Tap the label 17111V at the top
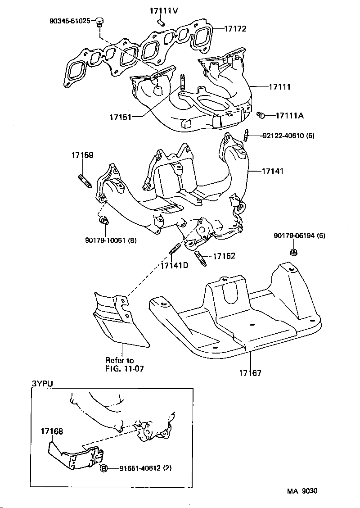point(163,11)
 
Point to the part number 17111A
point(289,116)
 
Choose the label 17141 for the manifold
point(272,171)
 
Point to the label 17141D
point(174,265)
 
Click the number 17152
point(224,256)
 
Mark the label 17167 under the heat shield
point(250,373)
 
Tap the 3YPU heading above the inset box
point(42,384)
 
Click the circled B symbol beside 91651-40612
point(103,468)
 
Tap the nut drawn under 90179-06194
point(293,253)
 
